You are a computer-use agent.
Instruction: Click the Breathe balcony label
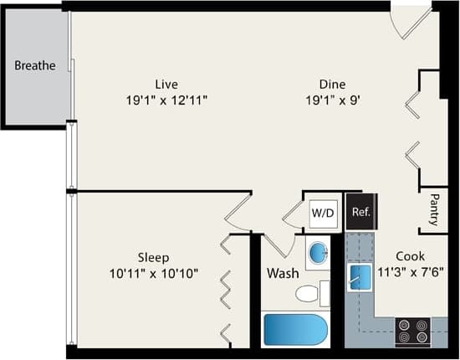click(35, 65)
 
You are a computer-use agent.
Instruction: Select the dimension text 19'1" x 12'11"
click(166, 100)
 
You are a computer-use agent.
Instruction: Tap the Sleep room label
click(154, 257)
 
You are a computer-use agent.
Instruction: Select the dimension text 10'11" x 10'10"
click(154, 273)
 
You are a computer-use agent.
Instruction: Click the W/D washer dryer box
click(323, 213)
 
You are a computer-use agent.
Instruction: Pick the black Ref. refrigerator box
click(361, 213)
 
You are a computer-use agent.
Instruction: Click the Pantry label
click(433, 210)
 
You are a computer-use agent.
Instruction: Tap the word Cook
click(410, 255)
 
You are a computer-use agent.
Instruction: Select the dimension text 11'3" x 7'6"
click(410, 271)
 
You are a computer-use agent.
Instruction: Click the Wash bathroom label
click(283, 273)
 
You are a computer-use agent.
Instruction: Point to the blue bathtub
click(294, 329)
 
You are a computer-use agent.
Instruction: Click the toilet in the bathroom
click(311, 293)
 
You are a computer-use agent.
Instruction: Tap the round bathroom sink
click(318, 252)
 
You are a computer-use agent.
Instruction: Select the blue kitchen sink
click(360, 276)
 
